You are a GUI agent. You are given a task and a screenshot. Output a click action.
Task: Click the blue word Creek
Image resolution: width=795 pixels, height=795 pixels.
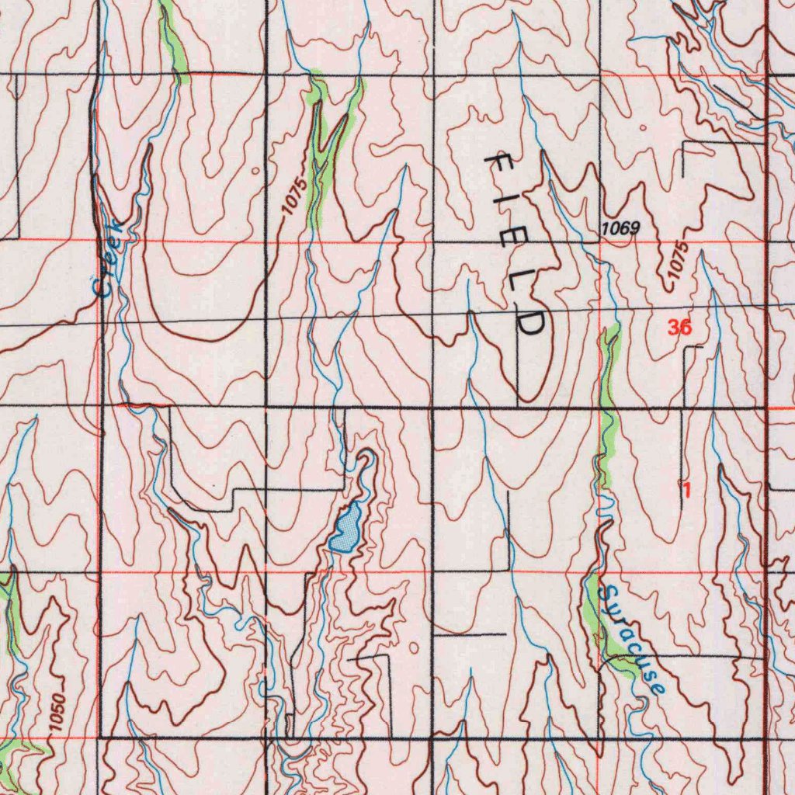(x=108, y=258)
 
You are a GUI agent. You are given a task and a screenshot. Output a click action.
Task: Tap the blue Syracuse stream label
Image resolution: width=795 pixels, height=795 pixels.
(x=634, y=640)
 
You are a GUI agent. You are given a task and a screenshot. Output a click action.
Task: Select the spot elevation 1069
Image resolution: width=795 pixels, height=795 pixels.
(x=620, y=228)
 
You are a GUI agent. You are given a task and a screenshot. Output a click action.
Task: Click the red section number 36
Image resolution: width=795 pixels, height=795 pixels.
(x=679, y=328)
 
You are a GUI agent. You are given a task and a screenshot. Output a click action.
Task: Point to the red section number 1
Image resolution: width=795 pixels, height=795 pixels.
(x=686, y=490)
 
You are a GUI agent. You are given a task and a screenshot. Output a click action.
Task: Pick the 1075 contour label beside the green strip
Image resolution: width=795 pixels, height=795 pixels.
(x=292, y=196)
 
